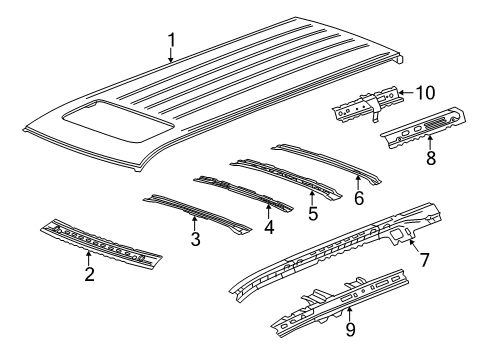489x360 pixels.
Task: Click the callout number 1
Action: tap(171, 40)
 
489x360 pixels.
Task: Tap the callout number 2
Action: tap(89, 274)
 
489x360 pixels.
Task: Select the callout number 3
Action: tap(196, 238)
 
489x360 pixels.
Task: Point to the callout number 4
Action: tap(267, 226)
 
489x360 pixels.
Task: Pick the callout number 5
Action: tap(313, 213)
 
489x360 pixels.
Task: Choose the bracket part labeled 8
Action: tap(425, 129)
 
